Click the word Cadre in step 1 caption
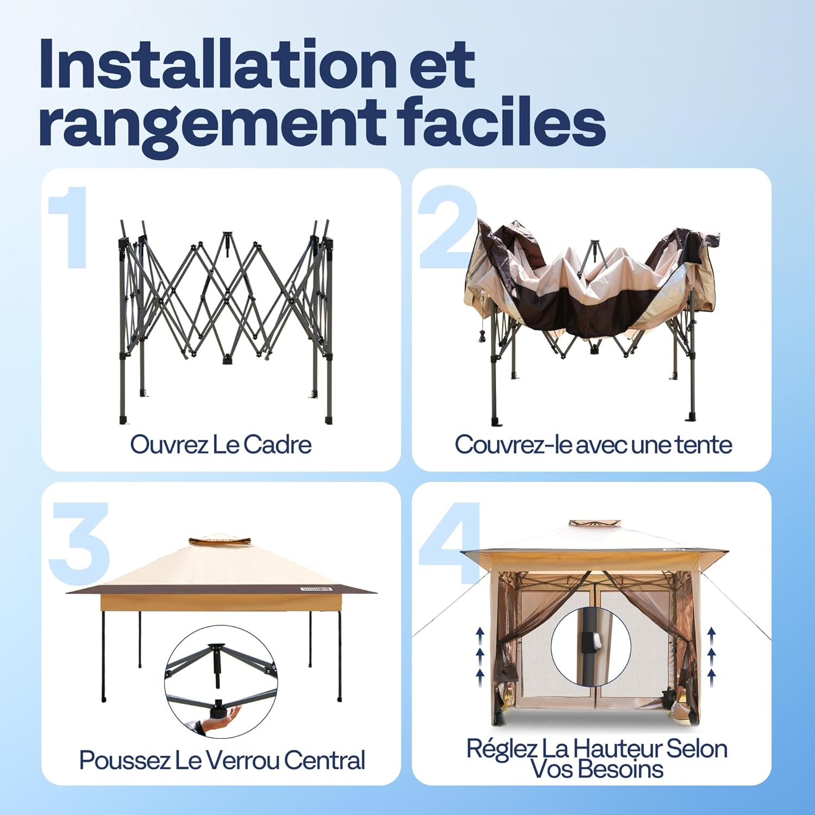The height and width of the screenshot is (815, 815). [277, 444]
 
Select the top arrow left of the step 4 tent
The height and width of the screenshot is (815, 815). [480, 632]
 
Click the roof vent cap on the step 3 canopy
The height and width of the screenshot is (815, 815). [220, 541]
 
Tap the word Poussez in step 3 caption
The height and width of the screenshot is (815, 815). [124, 760]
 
